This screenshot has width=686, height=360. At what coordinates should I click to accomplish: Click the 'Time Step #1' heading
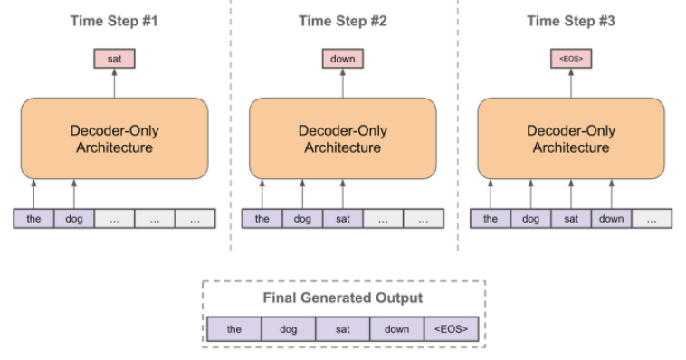(x=114, y=21)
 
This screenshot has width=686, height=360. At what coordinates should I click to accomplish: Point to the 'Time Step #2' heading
(x=343, y=21)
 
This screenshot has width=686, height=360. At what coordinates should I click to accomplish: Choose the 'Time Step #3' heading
(x=570, y=21)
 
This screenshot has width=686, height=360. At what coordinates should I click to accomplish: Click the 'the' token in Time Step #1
(x=33, y=219)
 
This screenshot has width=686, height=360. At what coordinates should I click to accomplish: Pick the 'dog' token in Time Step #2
(x=302, y=219)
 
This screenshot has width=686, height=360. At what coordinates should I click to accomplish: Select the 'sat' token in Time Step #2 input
(x=343, y=219)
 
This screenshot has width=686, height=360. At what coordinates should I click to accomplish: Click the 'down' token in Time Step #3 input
(x=611, y=219)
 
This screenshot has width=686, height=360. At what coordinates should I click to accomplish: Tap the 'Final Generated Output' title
(x=342, y=298)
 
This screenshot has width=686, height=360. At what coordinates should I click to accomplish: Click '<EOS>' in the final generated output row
(x=451, y=328)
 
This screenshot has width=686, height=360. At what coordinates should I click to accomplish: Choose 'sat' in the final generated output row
(x=342, y=328)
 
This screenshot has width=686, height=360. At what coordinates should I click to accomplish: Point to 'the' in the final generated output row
(x=233, y=328)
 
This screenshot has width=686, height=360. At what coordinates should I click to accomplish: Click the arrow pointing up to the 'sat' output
(x=115, y=82)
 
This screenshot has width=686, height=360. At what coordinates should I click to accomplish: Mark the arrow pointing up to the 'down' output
(x=343, y=82)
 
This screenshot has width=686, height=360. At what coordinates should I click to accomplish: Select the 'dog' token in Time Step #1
(x=74, y=219)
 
